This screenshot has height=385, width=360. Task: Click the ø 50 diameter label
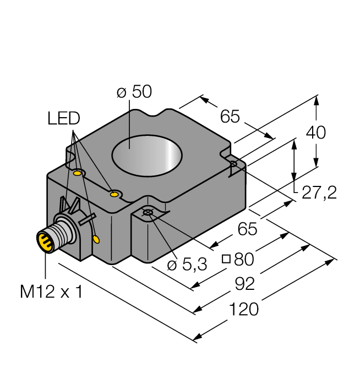click(134, 92)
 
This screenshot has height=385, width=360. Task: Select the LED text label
click(63, 118)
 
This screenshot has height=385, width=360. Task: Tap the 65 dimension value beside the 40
click(230, 117)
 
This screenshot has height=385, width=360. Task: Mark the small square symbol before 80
click(226, 258)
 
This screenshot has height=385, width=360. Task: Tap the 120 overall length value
click(243, 310)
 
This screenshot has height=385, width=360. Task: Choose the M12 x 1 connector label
click(51, 292)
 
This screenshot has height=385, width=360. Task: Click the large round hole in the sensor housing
click(147, 153)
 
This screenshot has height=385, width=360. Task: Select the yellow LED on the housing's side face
click(97, 239)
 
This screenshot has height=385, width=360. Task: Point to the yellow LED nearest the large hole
click(114, 194)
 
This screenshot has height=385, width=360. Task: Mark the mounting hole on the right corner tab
click(234, 164)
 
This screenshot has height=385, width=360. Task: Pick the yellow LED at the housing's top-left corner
click(78, 174)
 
